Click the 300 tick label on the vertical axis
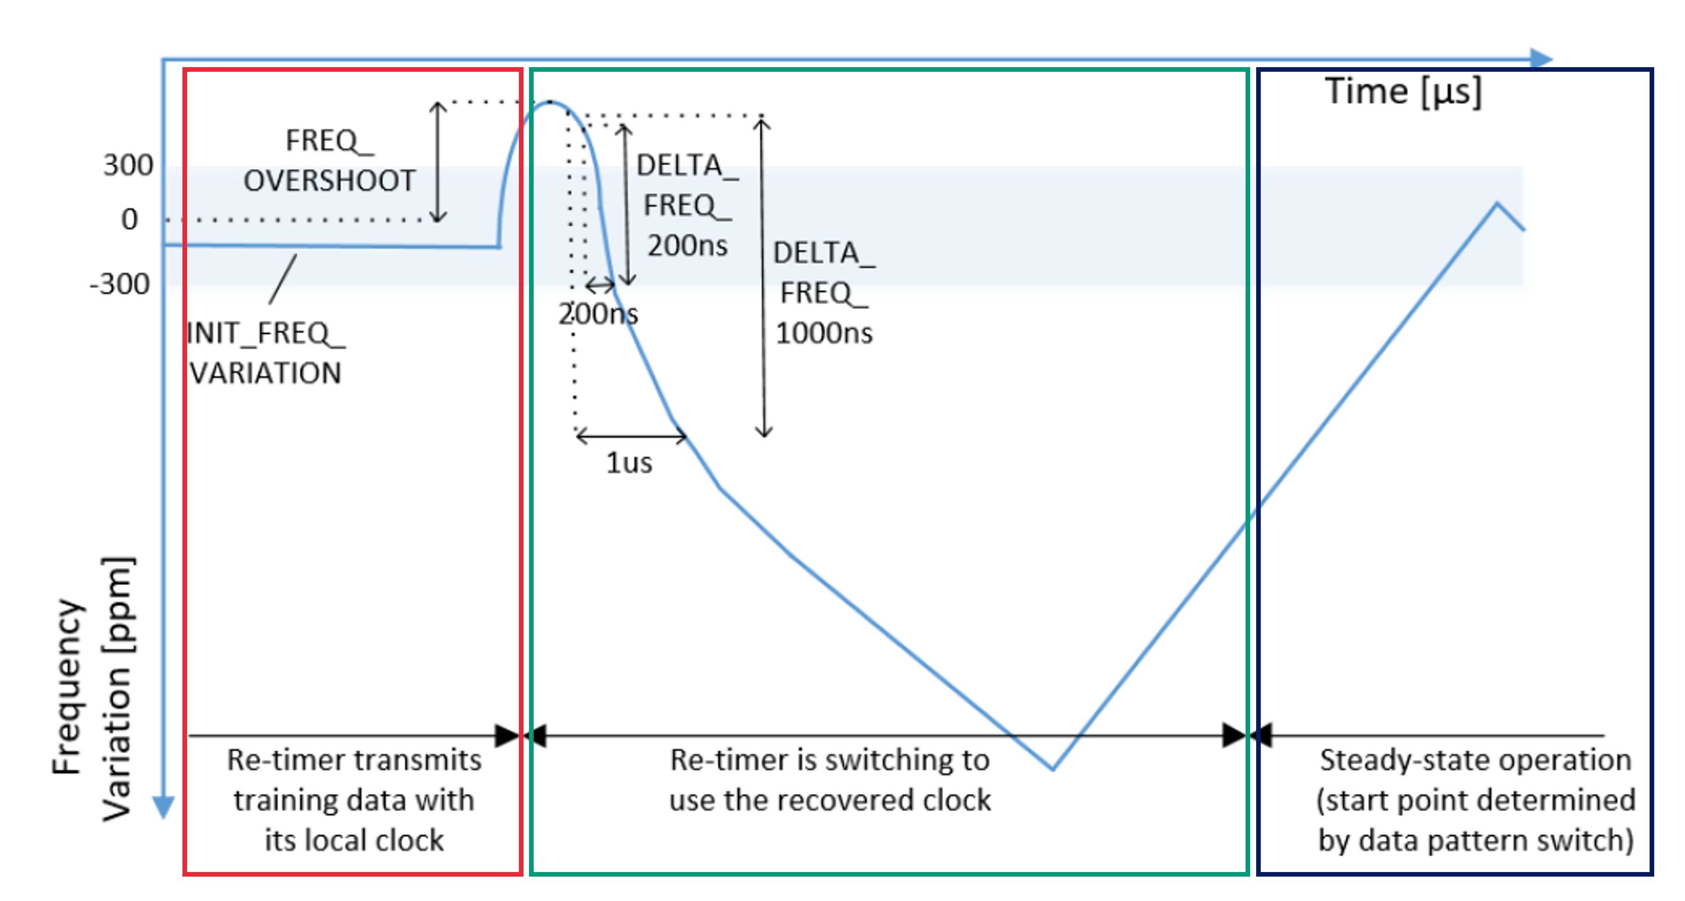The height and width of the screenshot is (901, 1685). click(128, 165)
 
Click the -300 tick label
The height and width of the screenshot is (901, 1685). click(120, 284)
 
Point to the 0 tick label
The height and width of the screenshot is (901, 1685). click(130, 219)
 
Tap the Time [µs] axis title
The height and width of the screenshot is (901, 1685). click(1403, 92)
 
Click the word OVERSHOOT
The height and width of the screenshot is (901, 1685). click(330, 181)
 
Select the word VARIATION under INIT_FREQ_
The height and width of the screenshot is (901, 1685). click(265, 373)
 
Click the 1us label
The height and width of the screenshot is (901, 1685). click(629, 463)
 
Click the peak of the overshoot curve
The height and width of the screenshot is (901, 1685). click(549, 102)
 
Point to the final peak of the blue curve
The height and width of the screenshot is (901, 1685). click(1497, 204)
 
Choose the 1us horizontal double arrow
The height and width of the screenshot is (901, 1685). click(631, 435)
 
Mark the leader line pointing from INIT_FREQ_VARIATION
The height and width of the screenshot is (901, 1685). click(283, 279)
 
